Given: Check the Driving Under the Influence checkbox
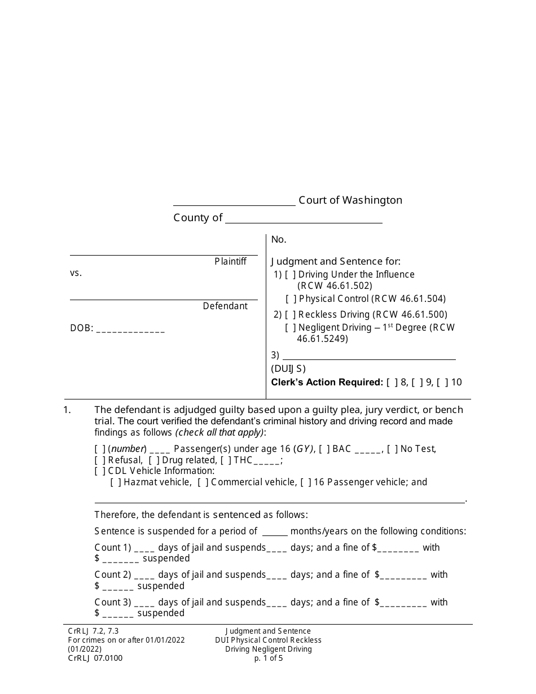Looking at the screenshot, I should (290, 275).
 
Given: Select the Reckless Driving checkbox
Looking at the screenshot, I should (290, 315).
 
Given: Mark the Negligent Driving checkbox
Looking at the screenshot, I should (290, 328).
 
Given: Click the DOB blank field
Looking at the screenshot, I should (130, 328).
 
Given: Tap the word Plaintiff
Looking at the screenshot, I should (230, 262).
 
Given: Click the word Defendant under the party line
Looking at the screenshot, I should (225, 306).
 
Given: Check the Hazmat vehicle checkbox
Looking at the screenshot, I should (116, 482).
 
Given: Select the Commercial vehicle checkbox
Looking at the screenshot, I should (203, 482).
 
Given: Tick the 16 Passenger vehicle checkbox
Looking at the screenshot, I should (306, 482).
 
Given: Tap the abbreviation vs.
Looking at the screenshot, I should (76, 274).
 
